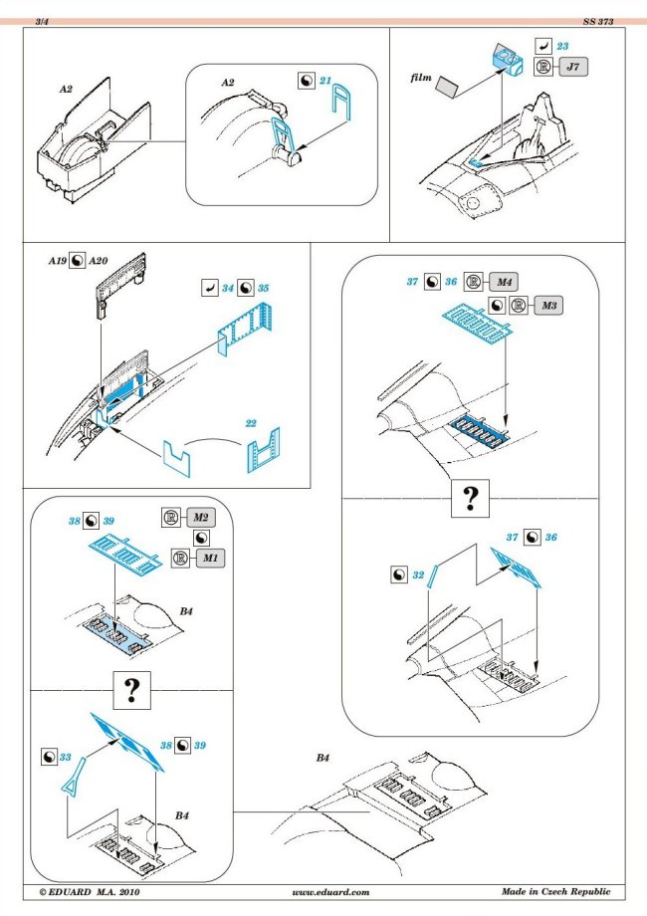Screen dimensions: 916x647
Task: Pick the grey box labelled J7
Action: tap(571, 69)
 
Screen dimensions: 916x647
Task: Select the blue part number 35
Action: tap(263, 289)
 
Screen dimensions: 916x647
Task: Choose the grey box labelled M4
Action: tap(504, 282)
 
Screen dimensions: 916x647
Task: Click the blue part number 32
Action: tap(419, 574)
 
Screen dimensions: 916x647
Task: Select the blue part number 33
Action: tap(66, 759)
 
